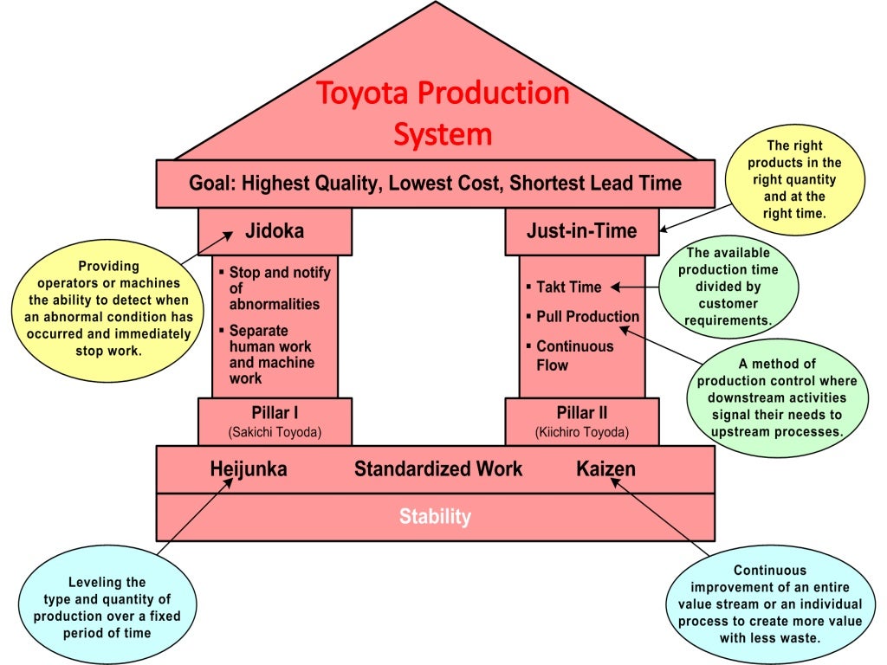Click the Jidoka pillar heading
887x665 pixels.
pyautogui.click(x=275, y=231)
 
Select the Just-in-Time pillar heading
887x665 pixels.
pyautogui.click(x=581, y=231)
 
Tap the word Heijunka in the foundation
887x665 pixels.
pyautogui.click(x=249, y=469)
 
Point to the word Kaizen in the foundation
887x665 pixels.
pyautogui.click(x=605, y=469)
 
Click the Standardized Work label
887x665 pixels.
pyautogui.click(x=438, y=469)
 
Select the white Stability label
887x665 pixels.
pyautogui.click(x=435, y=517)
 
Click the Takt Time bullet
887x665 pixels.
pyautogui.click(x=568, y=287)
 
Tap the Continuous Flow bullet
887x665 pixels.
pyautogui.click(x=574, y=355)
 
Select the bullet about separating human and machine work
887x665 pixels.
pyautogui.click(x=271, y=354)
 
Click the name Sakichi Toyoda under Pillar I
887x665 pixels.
pyautogui.click(x=275, y=432)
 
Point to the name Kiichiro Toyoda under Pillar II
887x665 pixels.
pyautogui.click(x=581, y=432)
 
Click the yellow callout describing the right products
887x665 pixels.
pyautogui.click(x=794, y=180)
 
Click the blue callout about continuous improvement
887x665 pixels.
pyautogui.click(x=770, y=604)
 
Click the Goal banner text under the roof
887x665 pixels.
pyautogui.click(x=435, y=184)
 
